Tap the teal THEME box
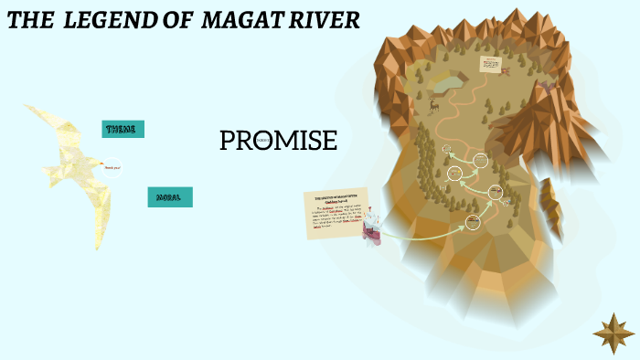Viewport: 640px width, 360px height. click(x=123, y=129)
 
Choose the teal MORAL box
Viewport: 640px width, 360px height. click(x=169, y=196)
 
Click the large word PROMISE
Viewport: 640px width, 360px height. click(x=278, y=141)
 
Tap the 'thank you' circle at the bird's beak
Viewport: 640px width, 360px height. click(x=112, y=167)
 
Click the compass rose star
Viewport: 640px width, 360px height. click(x=613, y=333)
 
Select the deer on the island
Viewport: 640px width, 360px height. click(x=433, y=105)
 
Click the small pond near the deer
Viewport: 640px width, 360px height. click(x=444, y=83)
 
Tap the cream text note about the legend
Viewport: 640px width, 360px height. click(x=336, y=213)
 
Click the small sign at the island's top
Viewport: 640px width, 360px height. click(x=492, y=66)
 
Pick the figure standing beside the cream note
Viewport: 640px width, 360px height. click(x=371, y=231)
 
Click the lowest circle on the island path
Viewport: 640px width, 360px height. click(x=474, y=220)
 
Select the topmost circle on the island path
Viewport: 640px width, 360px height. click(x=447, y=149)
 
